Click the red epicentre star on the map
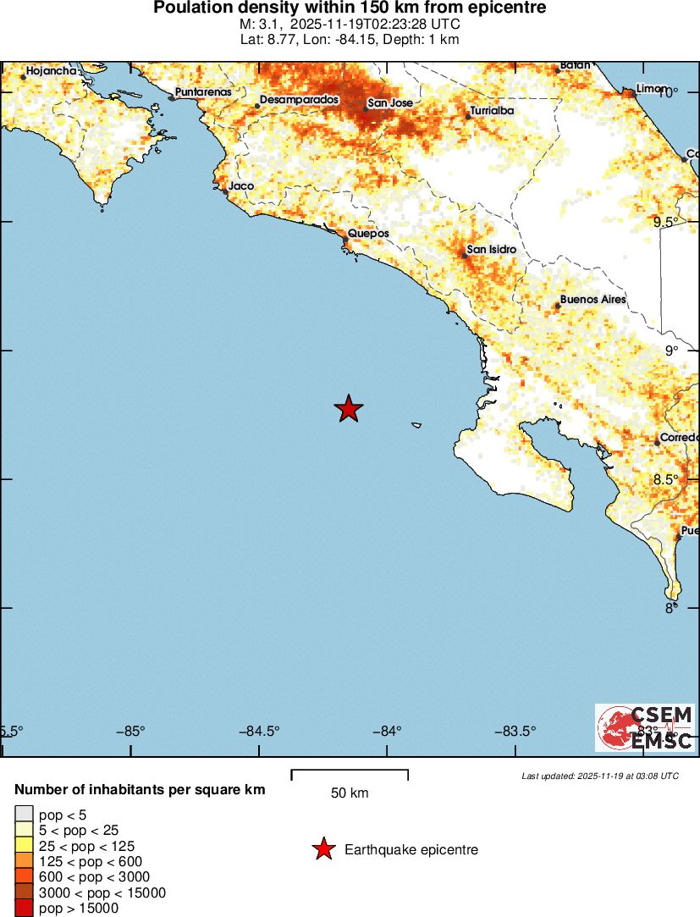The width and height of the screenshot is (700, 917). click(348, 409)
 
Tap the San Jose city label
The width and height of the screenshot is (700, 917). click(389, 102)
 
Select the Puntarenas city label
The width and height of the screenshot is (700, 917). click(202, 92)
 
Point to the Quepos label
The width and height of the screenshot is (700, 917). click(369, 233)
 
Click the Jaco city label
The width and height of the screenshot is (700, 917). click(241, 185)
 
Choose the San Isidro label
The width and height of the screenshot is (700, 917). click(492, 250)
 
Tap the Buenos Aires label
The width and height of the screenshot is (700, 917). click(593, 300)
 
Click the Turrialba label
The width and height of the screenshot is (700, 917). click(492, 110)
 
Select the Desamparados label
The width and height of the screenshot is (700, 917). click(299, 99)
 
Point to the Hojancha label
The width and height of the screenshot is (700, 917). click(52, 71)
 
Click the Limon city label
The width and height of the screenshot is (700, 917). click(652, 88)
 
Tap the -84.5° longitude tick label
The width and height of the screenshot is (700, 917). click(260, 732)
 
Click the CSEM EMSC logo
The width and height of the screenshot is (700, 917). click(645, 727)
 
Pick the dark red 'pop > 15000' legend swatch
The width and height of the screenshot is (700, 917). click(24, 909)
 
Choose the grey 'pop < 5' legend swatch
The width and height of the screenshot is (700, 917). click(24, 814)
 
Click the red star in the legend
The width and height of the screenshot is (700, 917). click(322, 849)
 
